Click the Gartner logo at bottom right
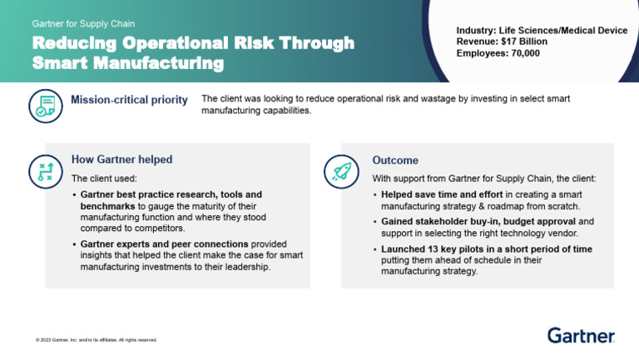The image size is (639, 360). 581,335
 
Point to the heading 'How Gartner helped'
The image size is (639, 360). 121,160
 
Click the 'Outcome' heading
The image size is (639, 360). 395,160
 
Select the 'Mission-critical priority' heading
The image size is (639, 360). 129,101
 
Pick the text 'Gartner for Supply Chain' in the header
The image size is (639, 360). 83,24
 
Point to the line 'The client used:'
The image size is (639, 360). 104,179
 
